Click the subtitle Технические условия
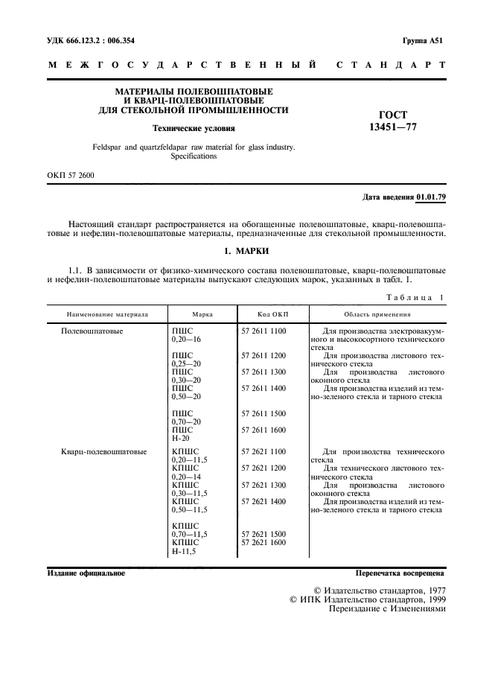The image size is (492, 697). coord(194,128)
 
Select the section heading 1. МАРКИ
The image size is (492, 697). coord(246,250)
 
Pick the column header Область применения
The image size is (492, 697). coord(378,314)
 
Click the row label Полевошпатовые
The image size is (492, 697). coord(92,330)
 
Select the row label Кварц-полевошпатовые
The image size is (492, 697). coord(104,451)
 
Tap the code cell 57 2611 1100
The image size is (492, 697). coord(263,330)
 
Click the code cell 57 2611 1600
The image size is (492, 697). coord(263,430)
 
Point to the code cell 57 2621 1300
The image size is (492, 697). coord(263,485)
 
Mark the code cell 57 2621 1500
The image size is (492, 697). coord(263,534)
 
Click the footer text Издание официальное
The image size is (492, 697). coord(86,573)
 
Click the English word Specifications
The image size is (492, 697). coord(194,157)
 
